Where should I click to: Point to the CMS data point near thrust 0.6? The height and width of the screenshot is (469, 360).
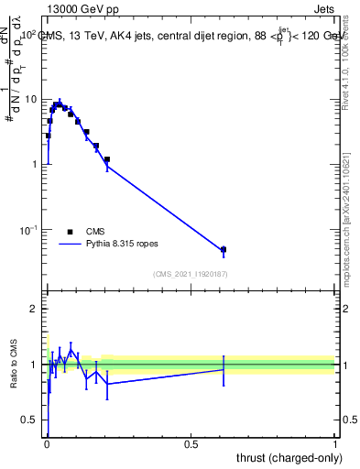(223, 249)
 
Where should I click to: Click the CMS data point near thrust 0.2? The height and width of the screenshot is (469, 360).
(107, 159)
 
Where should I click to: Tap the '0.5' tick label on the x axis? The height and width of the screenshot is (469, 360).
(191, 443)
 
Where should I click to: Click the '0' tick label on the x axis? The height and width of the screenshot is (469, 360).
(46, 443)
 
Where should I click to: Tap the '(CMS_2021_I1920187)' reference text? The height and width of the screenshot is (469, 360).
(191, 274)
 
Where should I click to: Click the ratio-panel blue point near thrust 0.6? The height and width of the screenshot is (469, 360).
(223, 369)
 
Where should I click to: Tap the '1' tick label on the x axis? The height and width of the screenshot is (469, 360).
(335, 443)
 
